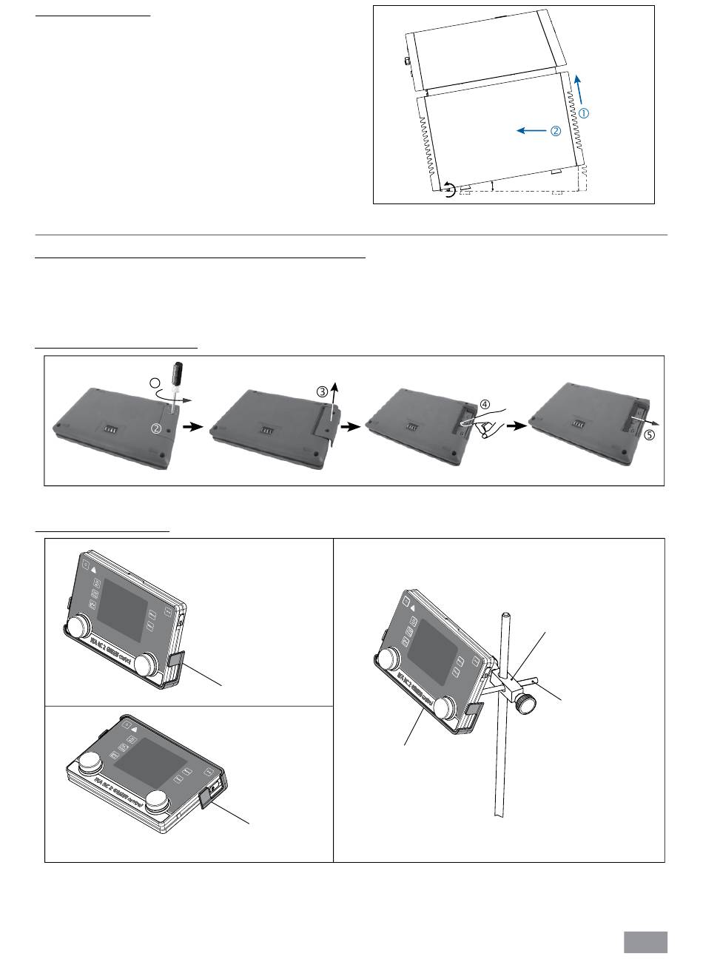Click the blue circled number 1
[x=584, y=114]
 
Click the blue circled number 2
[x=555, y=131]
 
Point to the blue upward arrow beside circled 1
[x=579, y=87]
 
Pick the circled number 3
[x=322, y=391]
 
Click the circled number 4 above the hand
[x=485, y=404]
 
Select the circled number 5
[x=649, y=436]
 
